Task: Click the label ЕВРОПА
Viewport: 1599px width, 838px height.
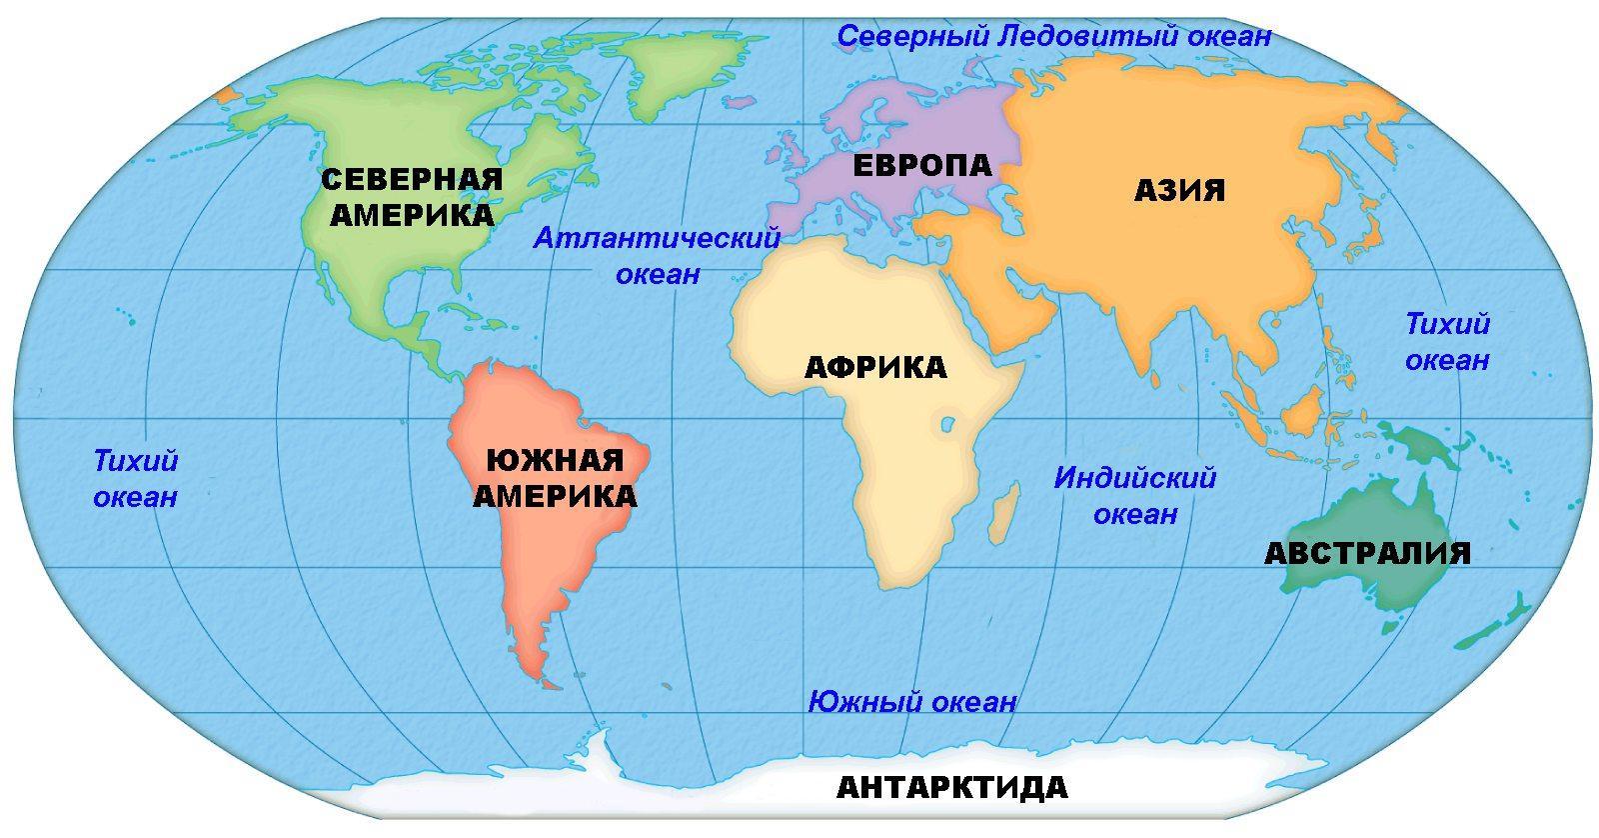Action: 920,165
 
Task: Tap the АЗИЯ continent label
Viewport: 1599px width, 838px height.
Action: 1179,190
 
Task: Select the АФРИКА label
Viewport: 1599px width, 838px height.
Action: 874,367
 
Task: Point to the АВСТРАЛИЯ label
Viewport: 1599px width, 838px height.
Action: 1367,553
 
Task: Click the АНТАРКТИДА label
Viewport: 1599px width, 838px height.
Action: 951,788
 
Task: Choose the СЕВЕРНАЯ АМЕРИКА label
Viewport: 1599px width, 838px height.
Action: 411,197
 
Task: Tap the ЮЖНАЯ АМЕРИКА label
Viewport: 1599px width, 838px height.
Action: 555,478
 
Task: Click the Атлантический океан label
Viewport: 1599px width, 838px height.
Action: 657,256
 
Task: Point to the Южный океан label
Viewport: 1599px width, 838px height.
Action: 911,702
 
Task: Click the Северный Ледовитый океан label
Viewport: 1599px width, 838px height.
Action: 1053,37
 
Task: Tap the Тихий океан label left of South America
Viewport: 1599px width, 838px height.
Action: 135,479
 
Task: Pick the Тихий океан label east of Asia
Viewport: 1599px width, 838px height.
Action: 1447,341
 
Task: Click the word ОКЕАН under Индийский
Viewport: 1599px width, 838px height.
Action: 1135,515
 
